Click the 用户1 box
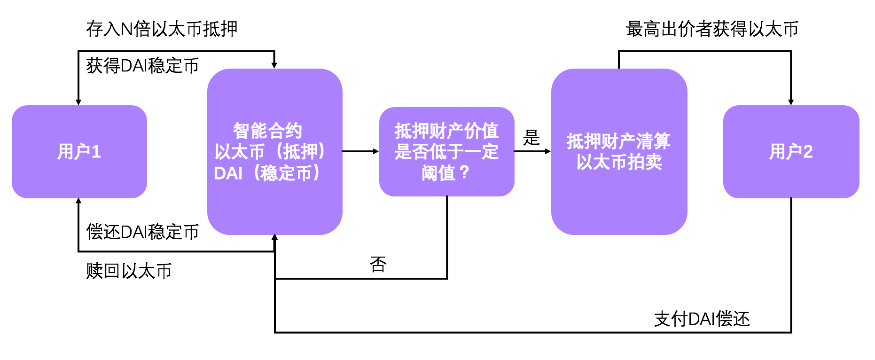coord(79,151)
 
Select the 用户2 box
coord(791,151)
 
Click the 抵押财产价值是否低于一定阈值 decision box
coord(446,151)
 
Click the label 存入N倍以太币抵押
coord(162,29)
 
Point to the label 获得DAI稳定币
coord(142,66)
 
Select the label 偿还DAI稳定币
coord(142,232)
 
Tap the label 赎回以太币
coord(129,271)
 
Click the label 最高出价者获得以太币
coord(712,29)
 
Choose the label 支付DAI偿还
coord(702,319)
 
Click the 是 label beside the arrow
coord(531,138)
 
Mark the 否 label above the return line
coord(378,265)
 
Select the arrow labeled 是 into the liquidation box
coord(532,151)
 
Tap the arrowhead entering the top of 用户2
coord(791,102)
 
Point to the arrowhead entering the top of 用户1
coord(78,102)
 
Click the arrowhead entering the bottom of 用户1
coord(78,202)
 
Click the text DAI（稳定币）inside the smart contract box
coord(267,173)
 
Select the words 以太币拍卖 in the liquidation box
coord(619,162)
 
